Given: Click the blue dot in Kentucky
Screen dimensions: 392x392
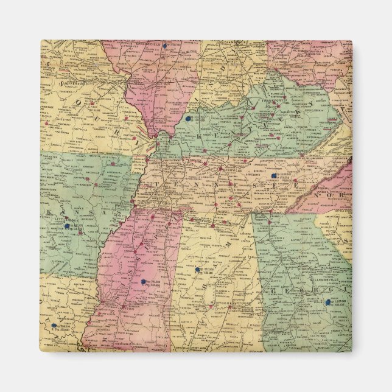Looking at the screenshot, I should click(x=189, y=119).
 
